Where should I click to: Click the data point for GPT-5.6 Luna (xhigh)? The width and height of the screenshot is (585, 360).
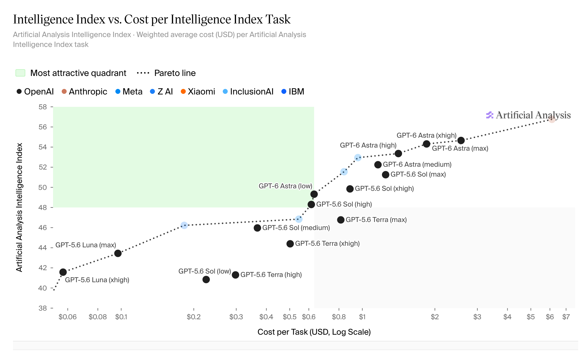(63, 272)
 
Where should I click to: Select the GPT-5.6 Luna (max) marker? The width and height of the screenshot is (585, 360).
(118, 253)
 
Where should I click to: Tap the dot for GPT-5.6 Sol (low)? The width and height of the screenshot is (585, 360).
(206, 279)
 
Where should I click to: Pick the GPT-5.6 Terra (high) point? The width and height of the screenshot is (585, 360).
(235, 275)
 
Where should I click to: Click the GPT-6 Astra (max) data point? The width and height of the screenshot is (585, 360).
(461, 140)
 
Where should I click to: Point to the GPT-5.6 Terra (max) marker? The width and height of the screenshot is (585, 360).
(341, 220)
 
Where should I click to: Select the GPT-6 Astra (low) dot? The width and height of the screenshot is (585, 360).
(314, 194)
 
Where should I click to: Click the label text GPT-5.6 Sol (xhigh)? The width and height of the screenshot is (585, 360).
(384, 189)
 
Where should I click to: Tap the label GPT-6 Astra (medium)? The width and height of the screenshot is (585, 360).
(417, 165)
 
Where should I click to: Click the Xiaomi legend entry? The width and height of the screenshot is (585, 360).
(198, 92)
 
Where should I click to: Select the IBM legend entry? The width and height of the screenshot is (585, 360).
(293, 92)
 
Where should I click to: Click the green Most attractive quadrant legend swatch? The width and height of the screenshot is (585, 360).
(20, 73)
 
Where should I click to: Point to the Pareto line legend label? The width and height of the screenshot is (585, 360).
(175, 73)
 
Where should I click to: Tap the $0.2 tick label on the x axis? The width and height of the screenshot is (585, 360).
(194, 317)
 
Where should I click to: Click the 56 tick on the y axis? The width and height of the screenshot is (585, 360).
(43, 127)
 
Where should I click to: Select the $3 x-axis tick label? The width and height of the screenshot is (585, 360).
(477, 317)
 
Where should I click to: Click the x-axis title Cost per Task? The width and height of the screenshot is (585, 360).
(314, 332)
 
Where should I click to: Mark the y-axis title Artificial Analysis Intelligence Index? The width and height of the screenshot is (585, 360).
(19, 207)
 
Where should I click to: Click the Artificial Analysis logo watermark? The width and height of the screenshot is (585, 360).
(528, 115)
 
